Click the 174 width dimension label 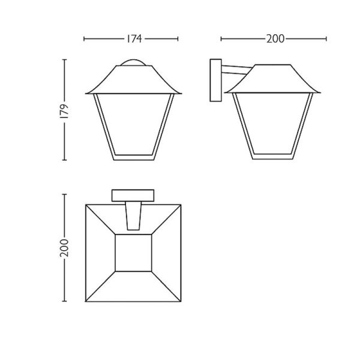pos(133,39)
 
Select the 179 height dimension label pos(65,110)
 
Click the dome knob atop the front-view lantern pos(133,61)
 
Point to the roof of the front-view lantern pos(133,78)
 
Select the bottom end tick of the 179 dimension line pos(65,161)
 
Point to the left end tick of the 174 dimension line pos(84,39)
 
